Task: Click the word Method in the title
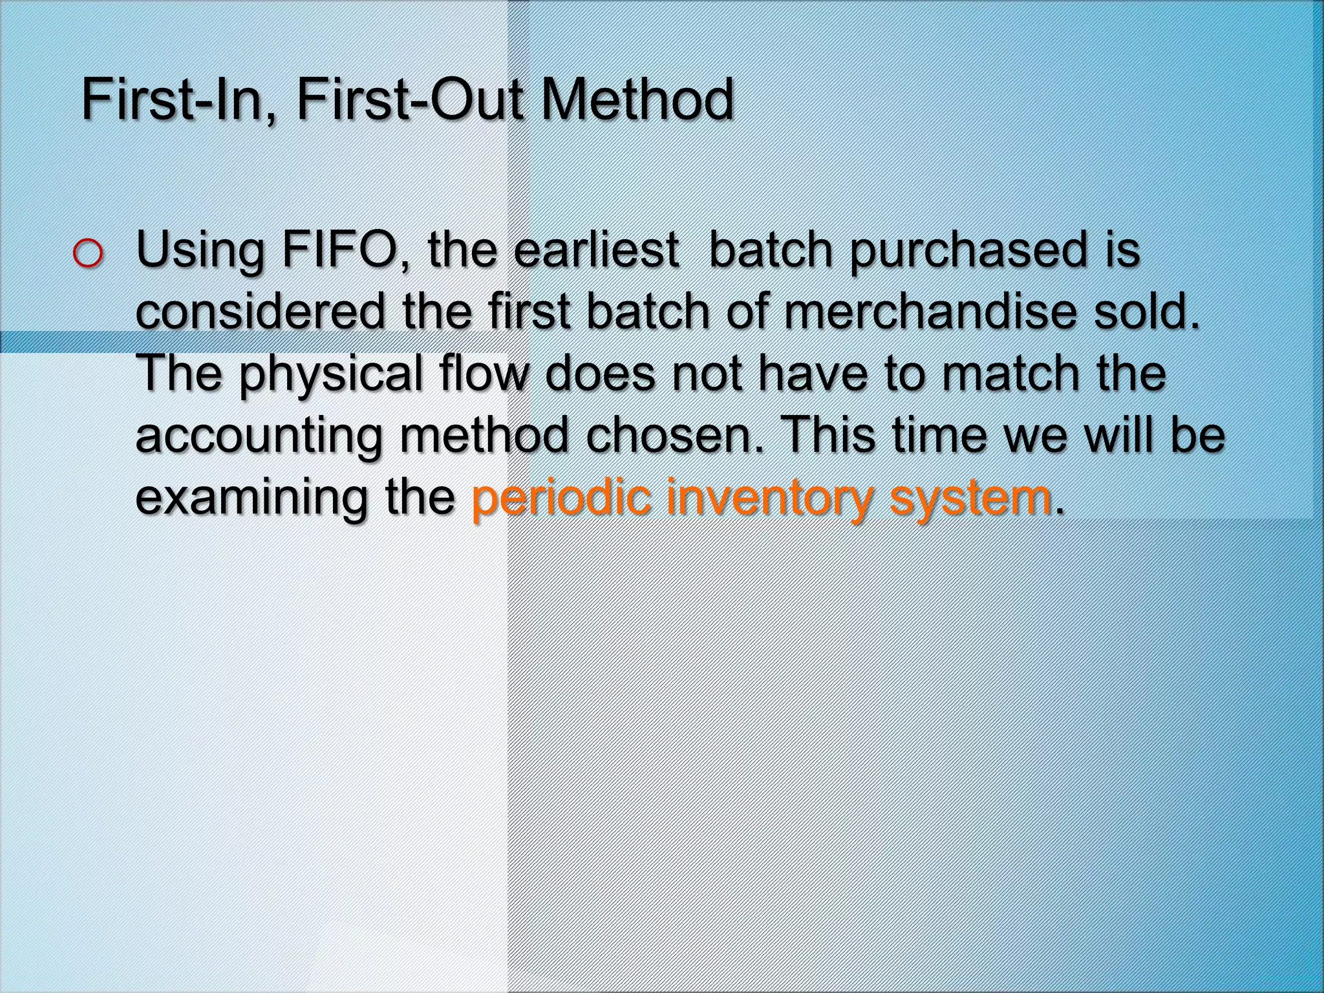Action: click(637, 100)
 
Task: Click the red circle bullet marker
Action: click(87, 254)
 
